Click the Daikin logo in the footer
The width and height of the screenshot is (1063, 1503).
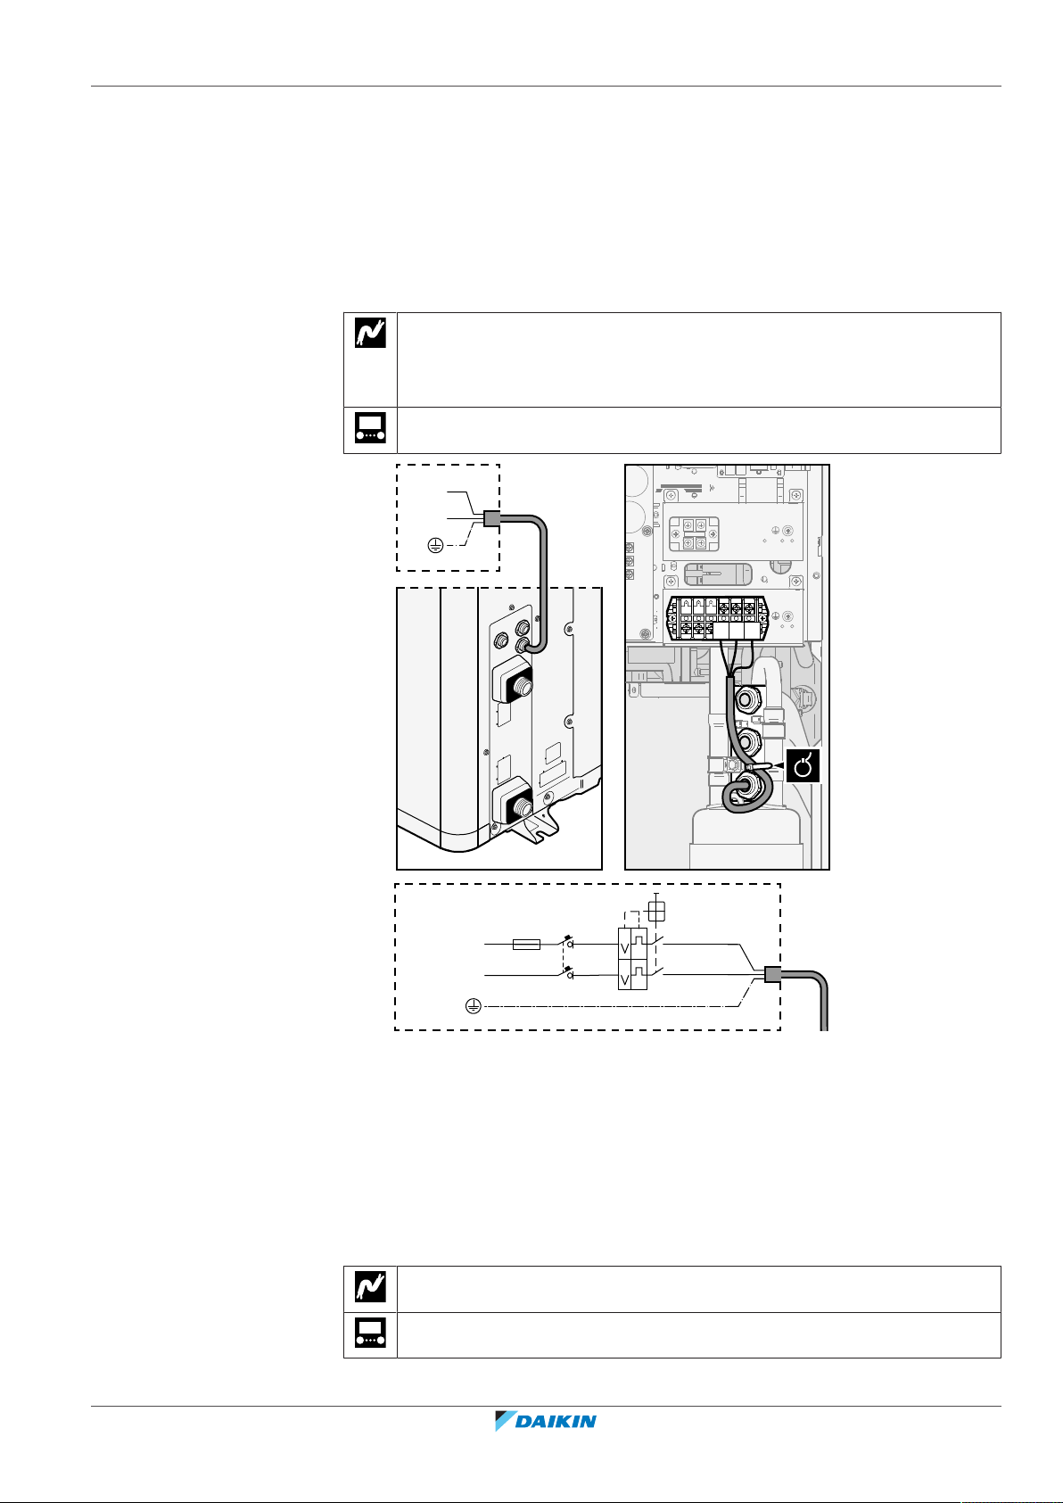546,1422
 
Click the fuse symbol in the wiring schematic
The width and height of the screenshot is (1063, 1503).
527,944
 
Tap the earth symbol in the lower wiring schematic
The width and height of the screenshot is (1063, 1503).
474,1006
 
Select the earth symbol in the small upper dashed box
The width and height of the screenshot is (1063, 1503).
434,546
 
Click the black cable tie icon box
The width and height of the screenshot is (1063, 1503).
803,765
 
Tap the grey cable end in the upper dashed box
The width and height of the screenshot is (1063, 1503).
490,518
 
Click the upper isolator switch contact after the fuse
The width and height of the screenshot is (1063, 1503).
567,942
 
